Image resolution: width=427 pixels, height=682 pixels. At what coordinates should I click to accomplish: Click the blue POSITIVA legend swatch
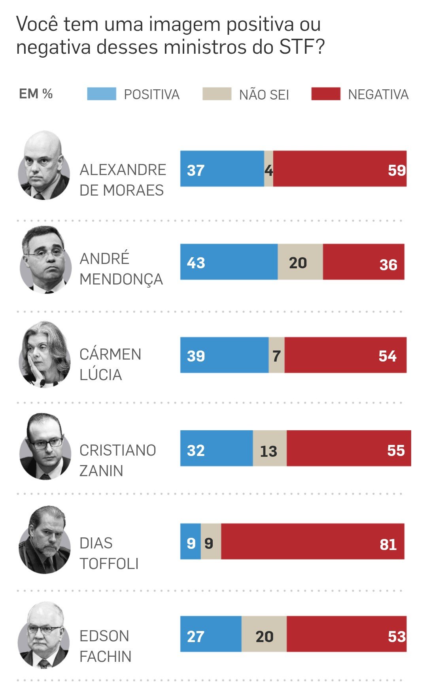tap(102, 94)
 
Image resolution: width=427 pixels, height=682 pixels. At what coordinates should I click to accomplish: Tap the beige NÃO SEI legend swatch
tap(217, 94)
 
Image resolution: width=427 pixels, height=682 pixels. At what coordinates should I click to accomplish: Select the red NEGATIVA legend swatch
tap(326, 94)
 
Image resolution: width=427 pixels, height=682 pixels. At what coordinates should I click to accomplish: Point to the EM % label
tap(36, 94)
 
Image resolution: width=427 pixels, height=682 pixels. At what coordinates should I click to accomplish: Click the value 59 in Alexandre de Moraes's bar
tap(397, 170)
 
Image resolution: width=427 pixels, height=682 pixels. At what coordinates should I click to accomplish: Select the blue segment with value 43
tap(229, 262)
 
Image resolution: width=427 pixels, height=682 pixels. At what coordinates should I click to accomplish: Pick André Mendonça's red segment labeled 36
tap(363, 262)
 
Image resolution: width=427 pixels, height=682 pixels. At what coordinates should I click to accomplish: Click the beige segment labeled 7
tap(276, 355)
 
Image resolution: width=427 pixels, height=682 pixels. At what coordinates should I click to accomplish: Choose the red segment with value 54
tap(345, 355)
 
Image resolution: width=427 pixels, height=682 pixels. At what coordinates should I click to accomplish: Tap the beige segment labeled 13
tap(269, 448)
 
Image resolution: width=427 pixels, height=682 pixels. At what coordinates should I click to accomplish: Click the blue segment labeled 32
tap(216, 448)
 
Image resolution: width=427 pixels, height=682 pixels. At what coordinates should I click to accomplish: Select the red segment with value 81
tap(312, 542)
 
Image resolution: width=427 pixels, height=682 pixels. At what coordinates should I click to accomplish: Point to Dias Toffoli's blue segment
tap(191, 542)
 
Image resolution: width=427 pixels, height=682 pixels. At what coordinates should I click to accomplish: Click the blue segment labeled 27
tap(211, 634)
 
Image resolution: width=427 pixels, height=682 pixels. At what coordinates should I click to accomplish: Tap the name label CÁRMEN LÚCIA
tap(110, 364)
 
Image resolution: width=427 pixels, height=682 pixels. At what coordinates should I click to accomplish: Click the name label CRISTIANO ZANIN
tap(117, 460)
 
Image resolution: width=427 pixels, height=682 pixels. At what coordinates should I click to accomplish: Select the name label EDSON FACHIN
tap(105, 646)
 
